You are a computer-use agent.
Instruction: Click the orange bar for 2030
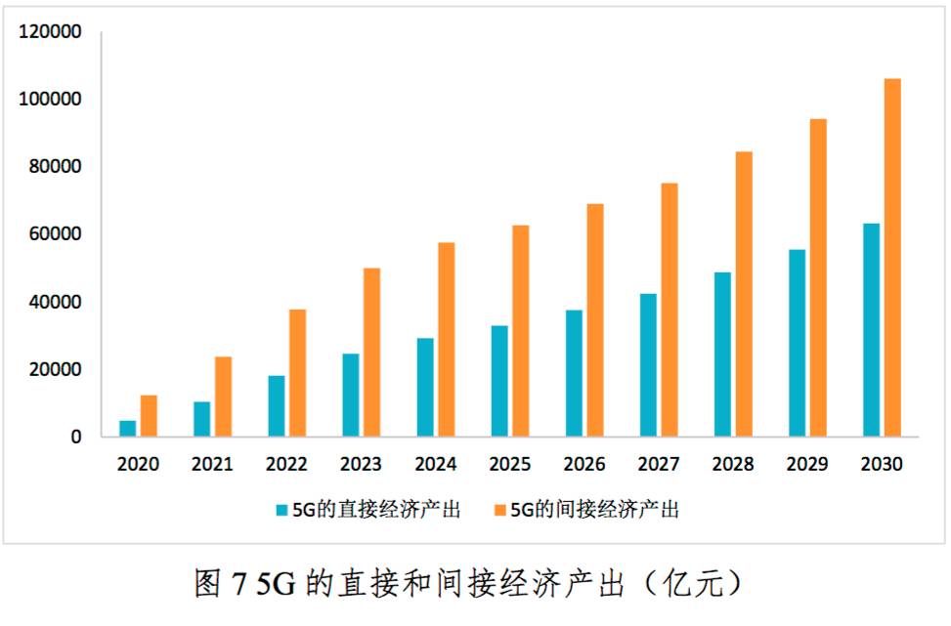[x=892, y=258]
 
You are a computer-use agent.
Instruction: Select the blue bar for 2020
[x=128, y=429]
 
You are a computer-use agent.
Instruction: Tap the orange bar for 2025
[x=521, y=331]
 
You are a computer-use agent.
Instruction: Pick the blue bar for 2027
[x=648, y=365]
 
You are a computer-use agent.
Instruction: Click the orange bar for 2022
[x=297, y=373]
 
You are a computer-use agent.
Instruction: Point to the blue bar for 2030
[x=871, y=330]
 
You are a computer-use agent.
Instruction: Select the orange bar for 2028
[x=744, y=294]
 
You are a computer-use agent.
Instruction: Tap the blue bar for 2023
[x=350, y=396]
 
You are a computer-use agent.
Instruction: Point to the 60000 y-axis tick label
[x=55, y=234]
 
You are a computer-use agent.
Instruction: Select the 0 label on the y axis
[x=75, y=437]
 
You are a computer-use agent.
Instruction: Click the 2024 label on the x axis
[x=435, y=465]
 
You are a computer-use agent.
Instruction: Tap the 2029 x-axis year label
[x=807, y=465]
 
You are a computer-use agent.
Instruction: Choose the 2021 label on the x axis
[x=212, y=465]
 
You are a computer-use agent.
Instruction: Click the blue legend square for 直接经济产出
[x=281, y=510]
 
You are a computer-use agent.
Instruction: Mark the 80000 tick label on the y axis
[x=55, y=167]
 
